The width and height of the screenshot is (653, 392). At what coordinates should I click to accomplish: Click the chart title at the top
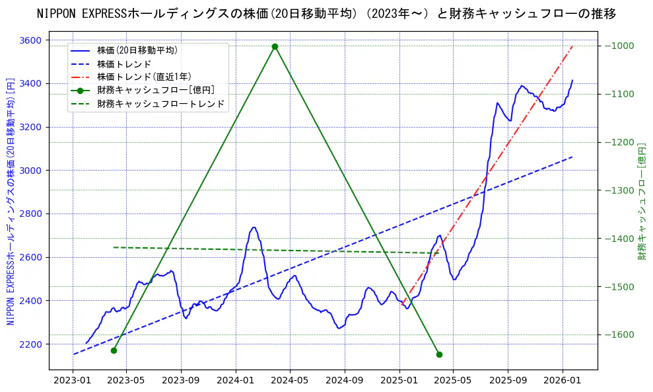[326, 13]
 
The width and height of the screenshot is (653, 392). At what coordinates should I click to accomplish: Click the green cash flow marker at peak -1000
[275, 46]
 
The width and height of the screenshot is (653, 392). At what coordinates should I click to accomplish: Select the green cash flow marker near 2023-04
[114, 350]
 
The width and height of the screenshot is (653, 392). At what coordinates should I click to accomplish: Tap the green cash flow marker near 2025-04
[439, 354]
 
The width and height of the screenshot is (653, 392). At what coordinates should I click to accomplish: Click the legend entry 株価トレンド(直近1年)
[144, 77]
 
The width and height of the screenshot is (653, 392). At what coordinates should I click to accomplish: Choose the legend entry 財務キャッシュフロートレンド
[160, 104]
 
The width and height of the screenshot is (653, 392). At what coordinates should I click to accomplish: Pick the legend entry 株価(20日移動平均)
[137, 50]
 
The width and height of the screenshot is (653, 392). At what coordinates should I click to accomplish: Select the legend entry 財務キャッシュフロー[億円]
[155, 90]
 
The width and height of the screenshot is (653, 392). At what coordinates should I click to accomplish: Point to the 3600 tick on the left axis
[30, 40]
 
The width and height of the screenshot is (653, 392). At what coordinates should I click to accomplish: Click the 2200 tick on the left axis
[30, 344]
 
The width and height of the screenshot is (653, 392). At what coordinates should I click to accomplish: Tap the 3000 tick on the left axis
[30, 171]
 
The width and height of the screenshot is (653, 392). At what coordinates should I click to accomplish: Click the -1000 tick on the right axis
[619, 46]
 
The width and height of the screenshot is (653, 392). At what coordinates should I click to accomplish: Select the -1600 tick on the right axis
[619, 335]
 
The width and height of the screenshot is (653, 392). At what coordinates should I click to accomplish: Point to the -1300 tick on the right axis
[619, 190]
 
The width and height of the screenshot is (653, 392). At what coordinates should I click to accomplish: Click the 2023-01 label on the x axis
[72, 380]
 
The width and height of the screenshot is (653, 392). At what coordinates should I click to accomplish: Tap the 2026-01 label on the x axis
[562, 380]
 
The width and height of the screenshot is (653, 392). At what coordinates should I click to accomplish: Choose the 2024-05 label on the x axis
[290, 380]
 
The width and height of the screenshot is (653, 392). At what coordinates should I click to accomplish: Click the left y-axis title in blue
[11, 202]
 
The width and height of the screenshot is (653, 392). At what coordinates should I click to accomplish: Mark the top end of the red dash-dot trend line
[572, 46]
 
